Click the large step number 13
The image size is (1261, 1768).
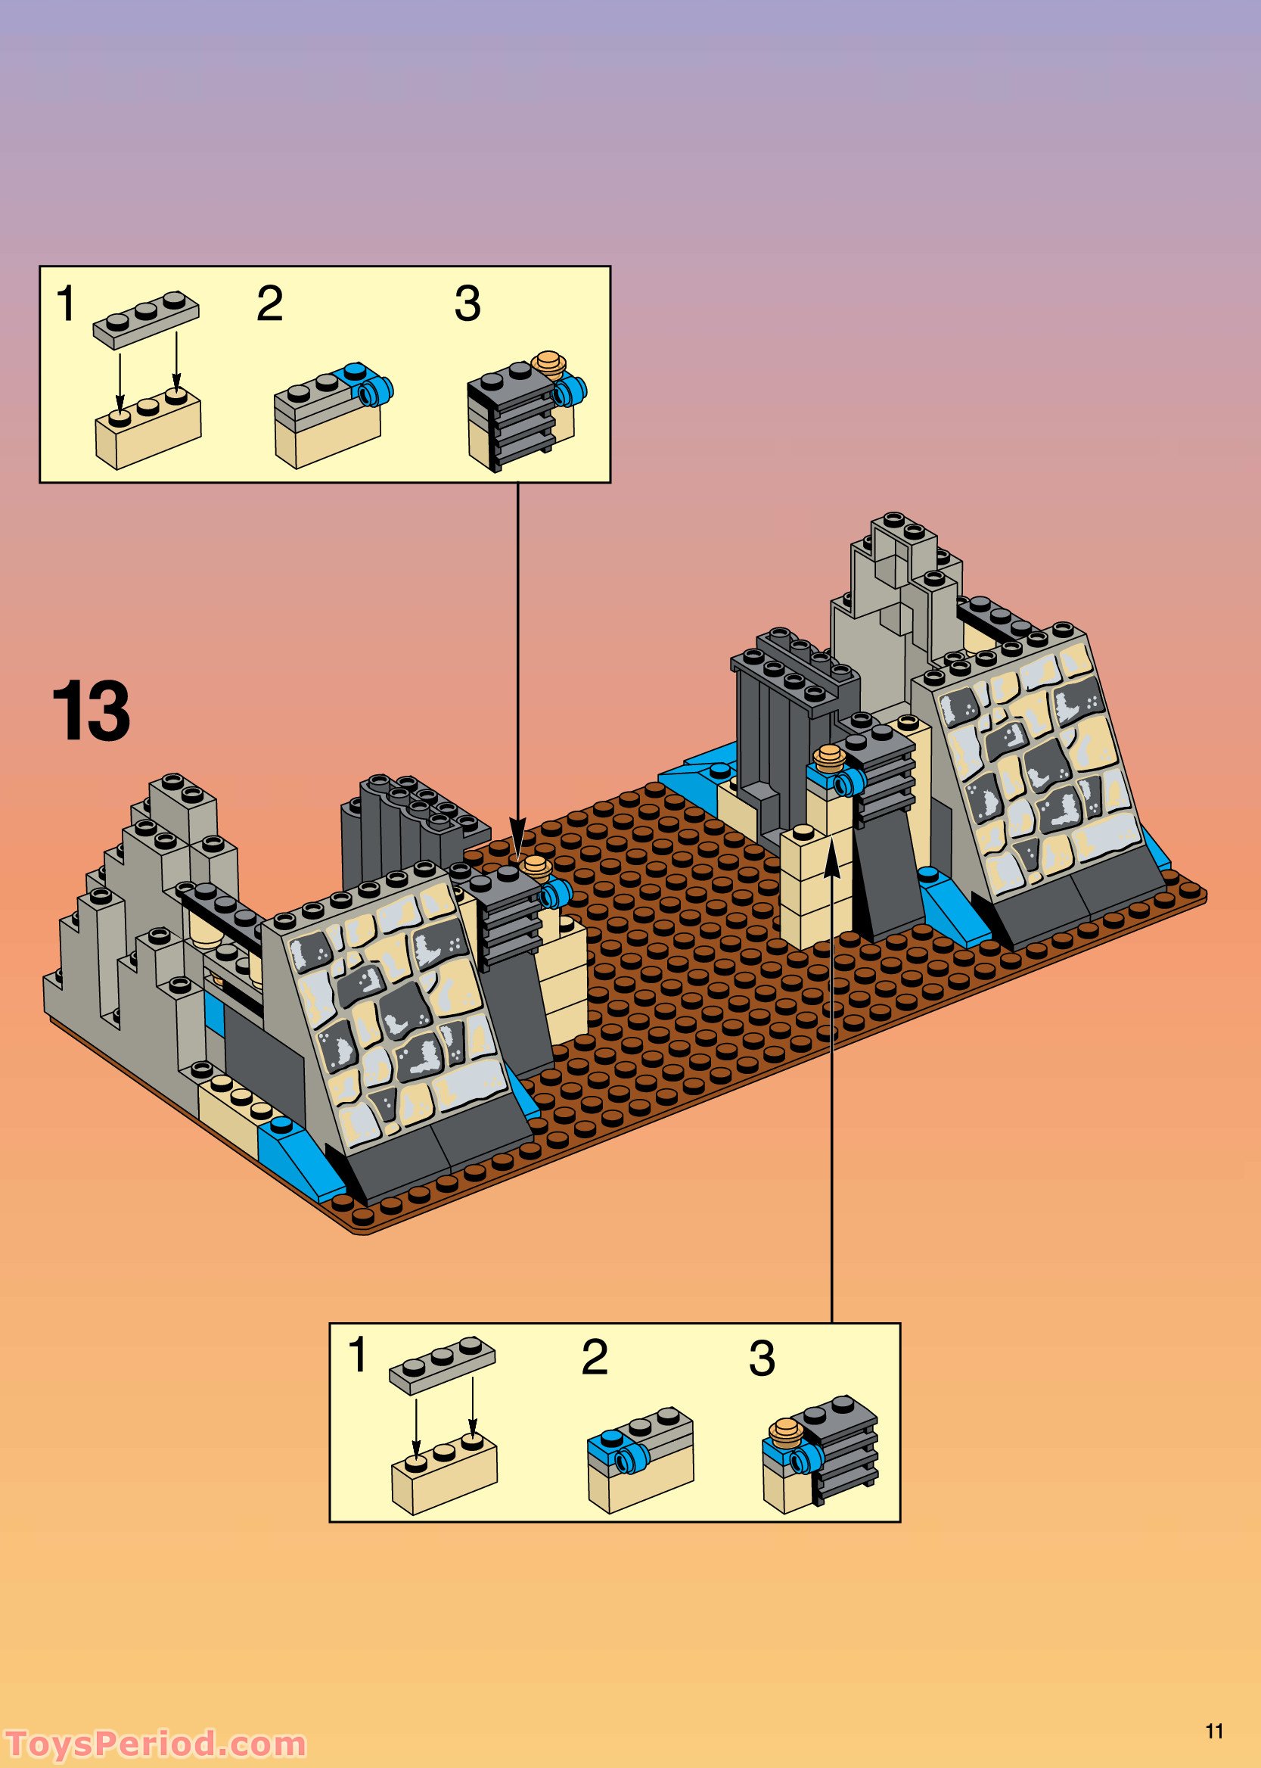(91, 711)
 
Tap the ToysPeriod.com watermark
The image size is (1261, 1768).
(155, 1745)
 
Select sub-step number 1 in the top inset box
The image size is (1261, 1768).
(66, 303)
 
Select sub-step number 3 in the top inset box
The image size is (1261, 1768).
(467, 303)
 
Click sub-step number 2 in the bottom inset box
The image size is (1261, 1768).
(594, 1357)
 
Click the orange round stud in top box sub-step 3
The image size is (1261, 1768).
(550, 363)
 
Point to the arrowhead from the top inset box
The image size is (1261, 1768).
(518, 830)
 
